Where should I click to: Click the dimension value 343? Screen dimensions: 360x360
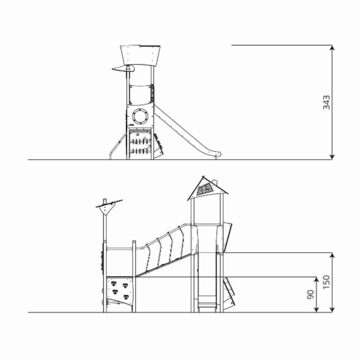[326, 102]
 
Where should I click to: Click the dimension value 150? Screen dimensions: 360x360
[326, 282]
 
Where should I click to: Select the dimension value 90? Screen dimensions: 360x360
[310, 294]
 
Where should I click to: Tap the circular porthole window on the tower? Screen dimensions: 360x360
[140, 117]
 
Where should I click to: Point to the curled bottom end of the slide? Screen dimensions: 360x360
[217, 154]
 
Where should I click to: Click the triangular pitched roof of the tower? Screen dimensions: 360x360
[208, 189]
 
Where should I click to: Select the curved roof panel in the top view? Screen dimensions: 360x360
[140, 55]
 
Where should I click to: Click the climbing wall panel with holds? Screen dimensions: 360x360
[120, 291]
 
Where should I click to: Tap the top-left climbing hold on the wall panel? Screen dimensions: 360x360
[114, 284]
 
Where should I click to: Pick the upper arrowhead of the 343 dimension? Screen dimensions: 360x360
[332, 48]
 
